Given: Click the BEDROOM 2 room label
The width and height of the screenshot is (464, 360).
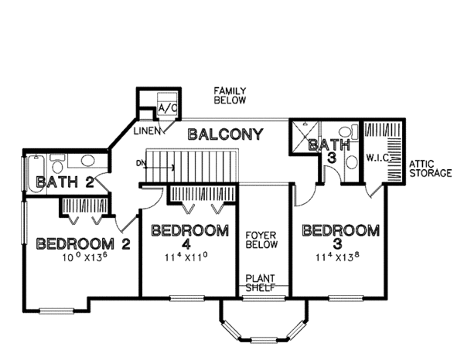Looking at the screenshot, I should coord(82,244).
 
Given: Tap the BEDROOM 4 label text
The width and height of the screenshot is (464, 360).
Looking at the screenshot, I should coord(189,236).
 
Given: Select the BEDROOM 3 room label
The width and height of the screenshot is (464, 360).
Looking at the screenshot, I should coord(340,236).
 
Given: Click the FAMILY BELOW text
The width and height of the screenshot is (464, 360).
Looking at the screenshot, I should coord(230,96).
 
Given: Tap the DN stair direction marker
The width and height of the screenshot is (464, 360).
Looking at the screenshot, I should coord(140,163).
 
